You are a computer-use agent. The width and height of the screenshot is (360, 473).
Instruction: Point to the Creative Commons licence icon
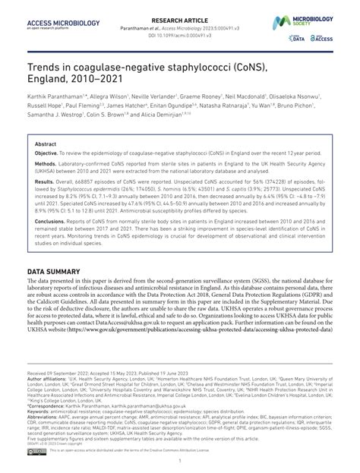(36, 450)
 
